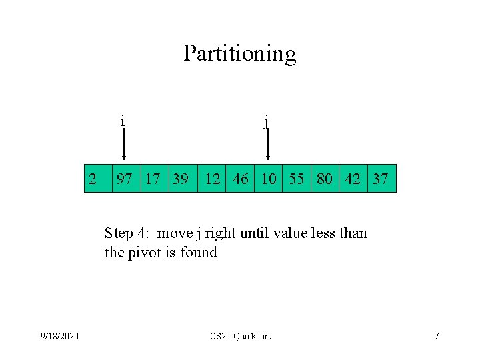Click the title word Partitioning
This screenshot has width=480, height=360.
(239, 53)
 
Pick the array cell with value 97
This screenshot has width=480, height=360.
(124, 179)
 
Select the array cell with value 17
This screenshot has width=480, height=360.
(153, 179)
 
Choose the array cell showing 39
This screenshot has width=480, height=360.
(181, 179)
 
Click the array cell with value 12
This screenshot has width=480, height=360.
(213, 179)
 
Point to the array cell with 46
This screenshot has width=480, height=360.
(241, 179)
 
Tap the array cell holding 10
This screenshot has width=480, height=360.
(269, 179)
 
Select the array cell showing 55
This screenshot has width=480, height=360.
(297, 179)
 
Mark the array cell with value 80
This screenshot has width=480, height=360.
(325, 179)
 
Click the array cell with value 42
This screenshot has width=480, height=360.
(353, 179)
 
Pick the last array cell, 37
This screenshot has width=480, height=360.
(381, 179)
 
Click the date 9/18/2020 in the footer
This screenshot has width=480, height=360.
(59, 336)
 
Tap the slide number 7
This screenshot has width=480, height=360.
(437, 336)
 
